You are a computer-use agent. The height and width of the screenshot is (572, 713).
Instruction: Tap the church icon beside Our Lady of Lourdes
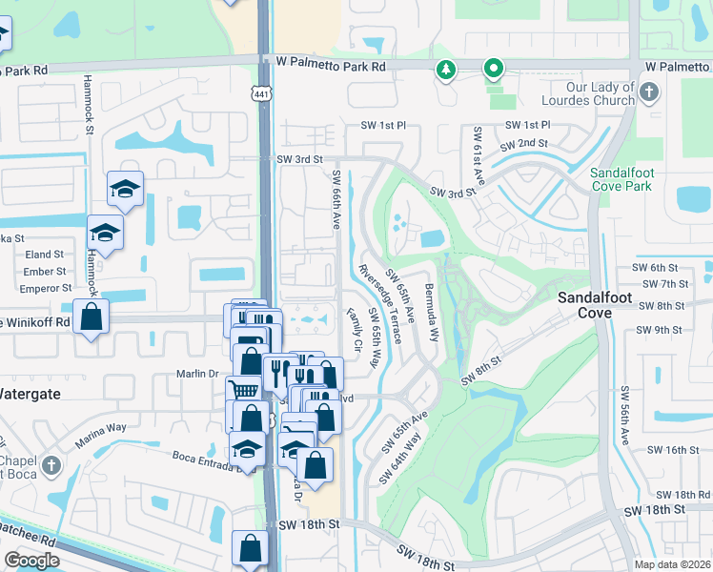[649, 92]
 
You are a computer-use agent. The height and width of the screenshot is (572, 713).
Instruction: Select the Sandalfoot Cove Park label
[621, 178]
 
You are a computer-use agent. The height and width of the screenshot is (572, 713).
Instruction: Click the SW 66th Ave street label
[336, 199]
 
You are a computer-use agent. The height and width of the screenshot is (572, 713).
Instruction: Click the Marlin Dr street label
[198, 374]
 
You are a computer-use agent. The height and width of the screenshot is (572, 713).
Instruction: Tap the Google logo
[31, 561]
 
